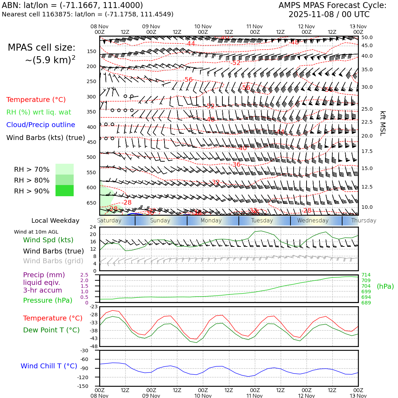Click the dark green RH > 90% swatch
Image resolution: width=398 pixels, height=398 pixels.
click(x=65, y=191)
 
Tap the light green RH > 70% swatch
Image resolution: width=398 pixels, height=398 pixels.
click(x=65, y=169)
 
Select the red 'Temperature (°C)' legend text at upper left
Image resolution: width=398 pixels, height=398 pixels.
click(x=36, y=99)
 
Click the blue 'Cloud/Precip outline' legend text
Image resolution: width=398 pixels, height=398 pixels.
click(x=40, y=125)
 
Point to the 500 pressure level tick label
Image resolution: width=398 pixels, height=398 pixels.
click(x=91, y=157)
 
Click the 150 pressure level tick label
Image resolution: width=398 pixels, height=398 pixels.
click(x=91, y=51)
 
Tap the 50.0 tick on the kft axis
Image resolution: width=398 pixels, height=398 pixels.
click(x=367, y=37)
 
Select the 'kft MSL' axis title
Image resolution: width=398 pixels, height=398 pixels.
click(x=383, y=123)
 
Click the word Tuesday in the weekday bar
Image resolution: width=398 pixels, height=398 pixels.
click(x=262, y=221)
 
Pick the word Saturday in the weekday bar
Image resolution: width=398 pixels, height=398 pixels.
click(x=109, y=221)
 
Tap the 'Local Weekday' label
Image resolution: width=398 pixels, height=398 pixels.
click(x=55, y=221)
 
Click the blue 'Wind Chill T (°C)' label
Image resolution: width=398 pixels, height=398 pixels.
click(x=49, y=366)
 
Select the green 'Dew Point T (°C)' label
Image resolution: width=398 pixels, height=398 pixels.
click(x=51, y=330)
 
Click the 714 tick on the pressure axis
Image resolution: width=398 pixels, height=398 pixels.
click(x=366, y=275)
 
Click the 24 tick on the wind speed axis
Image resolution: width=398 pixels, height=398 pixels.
click(x=93, y=227)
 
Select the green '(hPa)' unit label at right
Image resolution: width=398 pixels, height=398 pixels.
click(x=385, y=286)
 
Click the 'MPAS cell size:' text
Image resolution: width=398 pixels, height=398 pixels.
click(x=42, y=47)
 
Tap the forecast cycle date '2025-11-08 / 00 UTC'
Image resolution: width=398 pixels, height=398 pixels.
click(x=329, y=15)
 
